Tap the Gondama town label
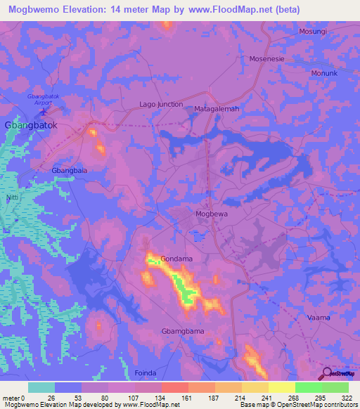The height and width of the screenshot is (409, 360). (x=176, y=259)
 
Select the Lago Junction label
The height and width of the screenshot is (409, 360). (x=161, y=104)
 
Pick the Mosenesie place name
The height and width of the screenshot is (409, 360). (x=266, y=59)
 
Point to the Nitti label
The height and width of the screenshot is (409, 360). (x=13, y=197)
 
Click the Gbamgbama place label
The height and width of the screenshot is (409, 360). (x=182, y=331)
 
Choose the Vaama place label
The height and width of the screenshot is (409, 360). (x=319, y=318)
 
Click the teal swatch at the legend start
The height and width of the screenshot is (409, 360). (x=41, y=387)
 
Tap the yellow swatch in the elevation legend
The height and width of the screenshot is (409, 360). (x=281, y=387)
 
